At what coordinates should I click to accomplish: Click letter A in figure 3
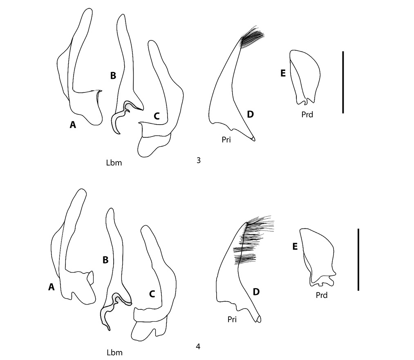(x=73, y=125)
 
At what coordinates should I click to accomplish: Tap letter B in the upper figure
(x=113, y=75)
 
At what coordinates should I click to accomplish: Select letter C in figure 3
(x=157, y=116)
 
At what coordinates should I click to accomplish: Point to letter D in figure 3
(x=250, y=114)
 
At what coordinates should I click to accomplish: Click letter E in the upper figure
(x=283, y=73)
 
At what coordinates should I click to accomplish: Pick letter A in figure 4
(x=51, y=287)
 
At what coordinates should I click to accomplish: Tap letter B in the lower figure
(x=105, y=259)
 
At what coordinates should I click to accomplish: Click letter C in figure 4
(x=152, y=293)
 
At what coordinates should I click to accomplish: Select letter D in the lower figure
(x=256, y=292)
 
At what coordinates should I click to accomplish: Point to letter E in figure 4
(x=294, y=246)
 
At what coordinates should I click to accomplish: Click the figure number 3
(x=198, y=160)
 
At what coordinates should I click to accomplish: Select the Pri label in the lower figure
(x=233, y=320)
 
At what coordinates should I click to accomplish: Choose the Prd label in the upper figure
(x=307, y=115)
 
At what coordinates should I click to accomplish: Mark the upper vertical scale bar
(x=343, y=82)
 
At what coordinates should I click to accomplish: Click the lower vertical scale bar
(x=358, y=259)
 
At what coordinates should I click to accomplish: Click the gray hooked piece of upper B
(x=123, y=116)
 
